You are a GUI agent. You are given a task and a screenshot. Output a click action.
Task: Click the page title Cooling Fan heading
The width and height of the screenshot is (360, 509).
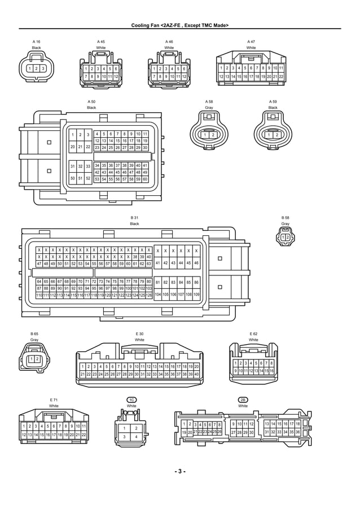179,25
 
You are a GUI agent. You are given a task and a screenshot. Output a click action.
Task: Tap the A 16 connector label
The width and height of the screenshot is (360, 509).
36,42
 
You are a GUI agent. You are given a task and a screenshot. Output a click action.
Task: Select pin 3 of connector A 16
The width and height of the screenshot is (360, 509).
43,68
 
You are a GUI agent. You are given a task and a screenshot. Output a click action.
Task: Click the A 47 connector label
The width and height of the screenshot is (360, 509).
251,42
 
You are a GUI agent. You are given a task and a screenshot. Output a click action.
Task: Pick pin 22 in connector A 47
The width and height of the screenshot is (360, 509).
281,76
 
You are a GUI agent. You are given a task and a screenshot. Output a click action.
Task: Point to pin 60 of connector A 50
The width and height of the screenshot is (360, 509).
145,179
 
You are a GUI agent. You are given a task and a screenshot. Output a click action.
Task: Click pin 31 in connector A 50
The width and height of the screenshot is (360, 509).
73,166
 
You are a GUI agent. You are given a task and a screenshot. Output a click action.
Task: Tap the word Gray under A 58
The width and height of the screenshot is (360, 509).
209,107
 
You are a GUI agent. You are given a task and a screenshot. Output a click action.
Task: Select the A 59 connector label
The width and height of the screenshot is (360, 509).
273,101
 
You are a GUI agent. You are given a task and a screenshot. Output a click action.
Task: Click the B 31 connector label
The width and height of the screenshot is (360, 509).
134,218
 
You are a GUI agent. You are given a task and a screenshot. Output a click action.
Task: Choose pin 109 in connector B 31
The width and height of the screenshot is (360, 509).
196,295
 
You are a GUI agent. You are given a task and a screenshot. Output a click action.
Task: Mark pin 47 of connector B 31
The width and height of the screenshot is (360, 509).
39,264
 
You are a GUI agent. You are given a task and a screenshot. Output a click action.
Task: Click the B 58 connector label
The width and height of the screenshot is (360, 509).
285,218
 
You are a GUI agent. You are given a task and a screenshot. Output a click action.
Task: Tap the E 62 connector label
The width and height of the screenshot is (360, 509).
253,334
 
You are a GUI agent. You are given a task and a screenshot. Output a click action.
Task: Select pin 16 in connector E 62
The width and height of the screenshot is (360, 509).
271,370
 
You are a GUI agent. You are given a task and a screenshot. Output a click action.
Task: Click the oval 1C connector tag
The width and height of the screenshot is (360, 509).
131,400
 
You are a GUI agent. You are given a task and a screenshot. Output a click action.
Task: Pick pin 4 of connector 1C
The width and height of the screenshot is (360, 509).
136,436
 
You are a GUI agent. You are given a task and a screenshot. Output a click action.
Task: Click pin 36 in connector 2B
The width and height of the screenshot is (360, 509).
297,432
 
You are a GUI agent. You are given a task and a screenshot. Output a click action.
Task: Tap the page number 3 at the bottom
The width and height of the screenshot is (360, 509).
179,471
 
